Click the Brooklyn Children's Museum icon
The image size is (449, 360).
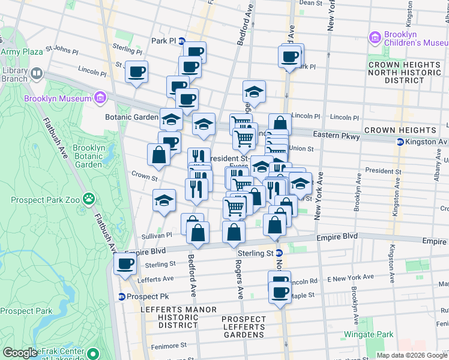376,38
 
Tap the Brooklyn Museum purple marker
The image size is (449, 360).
100,98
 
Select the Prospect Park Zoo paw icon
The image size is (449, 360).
89,197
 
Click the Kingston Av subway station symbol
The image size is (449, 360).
400,142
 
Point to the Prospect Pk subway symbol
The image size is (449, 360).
121,296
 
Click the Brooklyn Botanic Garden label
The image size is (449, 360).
88,156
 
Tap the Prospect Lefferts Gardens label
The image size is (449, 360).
243,327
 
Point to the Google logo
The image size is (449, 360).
20,353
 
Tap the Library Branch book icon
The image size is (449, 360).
37,74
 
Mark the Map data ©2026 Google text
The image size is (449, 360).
411,355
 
